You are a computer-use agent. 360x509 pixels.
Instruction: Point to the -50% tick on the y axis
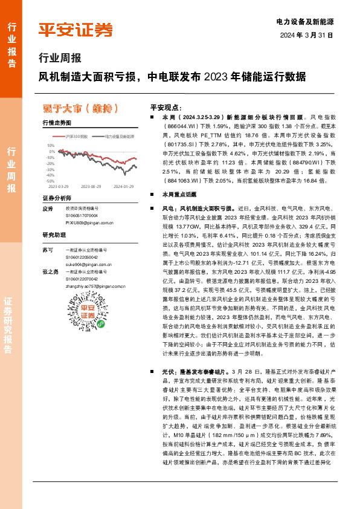(51, 181)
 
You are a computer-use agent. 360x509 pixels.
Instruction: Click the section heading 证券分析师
(57, 198)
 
